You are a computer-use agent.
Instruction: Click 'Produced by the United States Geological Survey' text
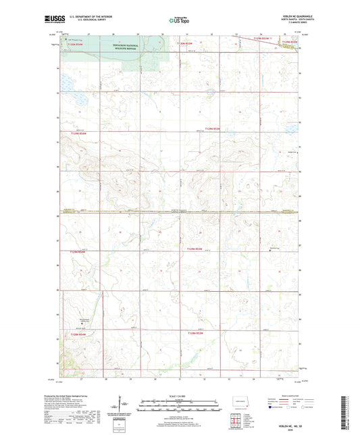tap(82, 396)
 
